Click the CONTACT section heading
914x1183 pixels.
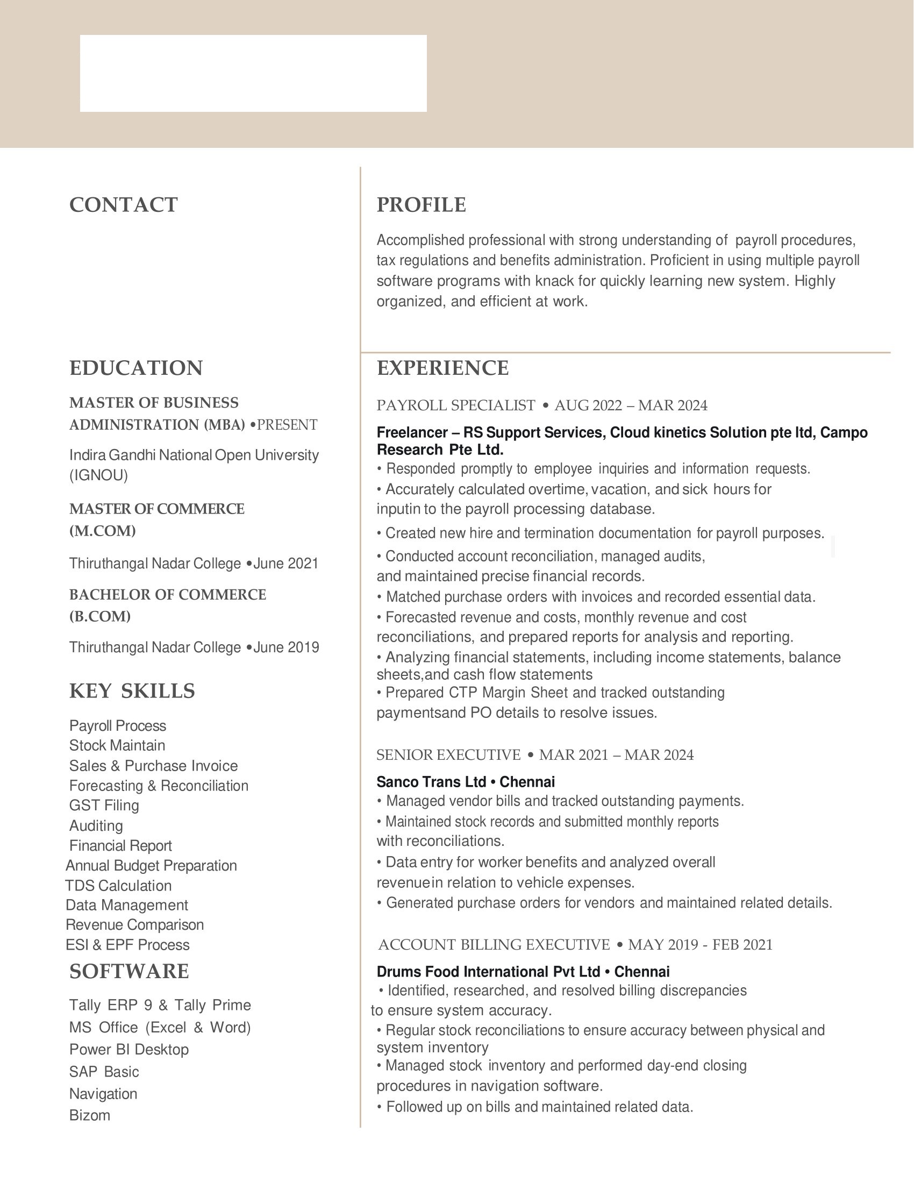tap(124, 205)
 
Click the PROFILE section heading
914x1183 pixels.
tap(422, 205)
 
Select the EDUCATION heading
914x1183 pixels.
tap(136, 368)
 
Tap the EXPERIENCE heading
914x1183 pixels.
tap(443, 368)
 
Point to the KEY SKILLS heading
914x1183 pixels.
tap(132, 690)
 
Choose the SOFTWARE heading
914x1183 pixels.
tap(129, 971)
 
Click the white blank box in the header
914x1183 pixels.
tap(253, 74)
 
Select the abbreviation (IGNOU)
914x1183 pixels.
tap(98, 475)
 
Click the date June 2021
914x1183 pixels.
tap(286, 564)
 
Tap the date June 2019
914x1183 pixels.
tap(286, 647)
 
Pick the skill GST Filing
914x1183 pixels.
tap(104, 806)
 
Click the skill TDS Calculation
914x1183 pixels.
tap(118, 886)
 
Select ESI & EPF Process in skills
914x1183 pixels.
tap(127, 945)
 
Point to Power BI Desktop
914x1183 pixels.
tap(129, 1049)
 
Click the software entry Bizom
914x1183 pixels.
tap(90, 1115)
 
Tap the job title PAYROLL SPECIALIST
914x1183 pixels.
tap(456, 405)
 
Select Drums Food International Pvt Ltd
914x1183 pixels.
tap(488, 971)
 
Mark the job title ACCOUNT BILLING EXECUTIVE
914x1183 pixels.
tap(494, 945)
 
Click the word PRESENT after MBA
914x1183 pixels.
tap(287, 425)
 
